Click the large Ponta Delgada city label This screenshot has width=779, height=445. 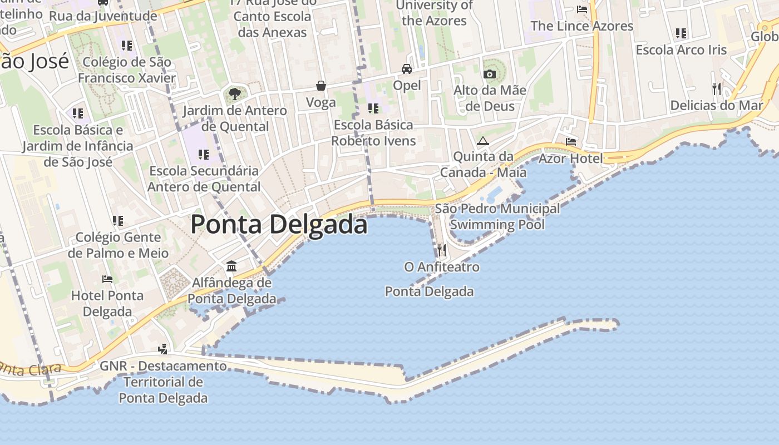(279, 225)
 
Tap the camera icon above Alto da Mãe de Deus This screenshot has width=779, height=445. (490, 74)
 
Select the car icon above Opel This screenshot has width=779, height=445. (407, 69)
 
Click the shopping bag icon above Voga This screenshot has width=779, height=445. (321, 86)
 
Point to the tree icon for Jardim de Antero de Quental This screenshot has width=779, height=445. (235, 93)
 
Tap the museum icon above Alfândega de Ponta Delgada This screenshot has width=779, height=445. (231, 266)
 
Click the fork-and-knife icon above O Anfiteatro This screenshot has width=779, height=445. (442, 250)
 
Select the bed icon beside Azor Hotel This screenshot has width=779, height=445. (571, 142)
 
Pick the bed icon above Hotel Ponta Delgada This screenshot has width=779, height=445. (107, 279)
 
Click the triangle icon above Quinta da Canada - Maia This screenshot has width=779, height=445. (482, 141)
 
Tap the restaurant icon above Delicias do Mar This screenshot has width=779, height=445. (717, 88)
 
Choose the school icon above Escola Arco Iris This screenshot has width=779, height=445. (681, 33)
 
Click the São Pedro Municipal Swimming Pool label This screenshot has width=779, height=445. (497, 216)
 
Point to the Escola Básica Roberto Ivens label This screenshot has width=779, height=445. (373, 132)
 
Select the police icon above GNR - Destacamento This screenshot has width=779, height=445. (163, 349)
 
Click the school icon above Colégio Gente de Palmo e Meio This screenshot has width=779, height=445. (118, 221)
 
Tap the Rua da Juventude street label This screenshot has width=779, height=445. (103, 16)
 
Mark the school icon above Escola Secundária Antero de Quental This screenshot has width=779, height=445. (204, 154)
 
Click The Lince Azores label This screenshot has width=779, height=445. (582, 26)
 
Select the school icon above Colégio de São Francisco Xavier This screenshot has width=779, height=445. (127, 45)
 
